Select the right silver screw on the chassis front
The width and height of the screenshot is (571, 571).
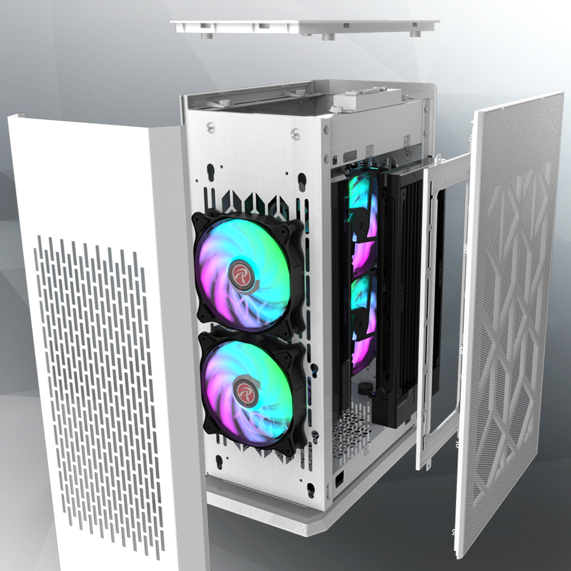click(294, 135)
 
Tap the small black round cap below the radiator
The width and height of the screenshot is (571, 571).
click(365, 388)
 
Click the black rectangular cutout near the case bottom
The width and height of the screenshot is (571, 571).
click(339, 481)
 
